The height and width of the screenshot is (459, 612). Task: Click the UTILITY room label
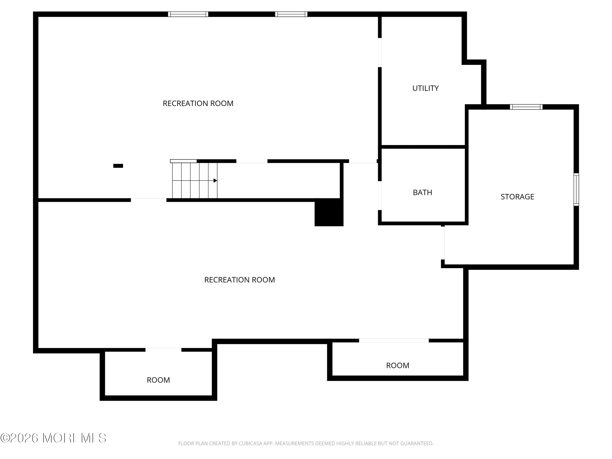425,88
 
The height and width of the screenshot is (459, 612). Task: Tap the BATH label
422,192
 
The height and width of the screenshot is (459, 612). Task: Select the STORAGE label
517,197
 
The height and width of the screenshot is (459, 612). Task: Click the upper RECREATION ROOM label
198,103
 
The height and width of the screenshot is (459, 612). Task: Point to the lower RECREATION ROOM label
239,280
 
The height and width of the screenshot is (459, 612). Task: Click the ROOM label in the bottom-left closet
158,380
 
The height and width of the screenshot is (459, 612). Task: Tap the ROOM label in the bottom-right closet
397,366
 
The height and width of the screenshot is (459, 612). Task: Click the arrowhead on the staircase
215,181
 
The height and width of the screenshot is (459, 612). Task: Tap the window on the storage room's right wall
576,190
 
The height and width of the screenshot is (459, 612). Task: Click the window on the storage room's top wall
526,107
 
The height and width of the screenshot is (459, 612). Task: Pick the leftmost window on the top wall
188,14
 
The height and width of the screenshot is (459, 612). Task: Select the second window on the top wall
291,14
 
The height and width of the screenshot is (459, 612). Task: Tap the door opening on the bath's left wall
380,196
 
